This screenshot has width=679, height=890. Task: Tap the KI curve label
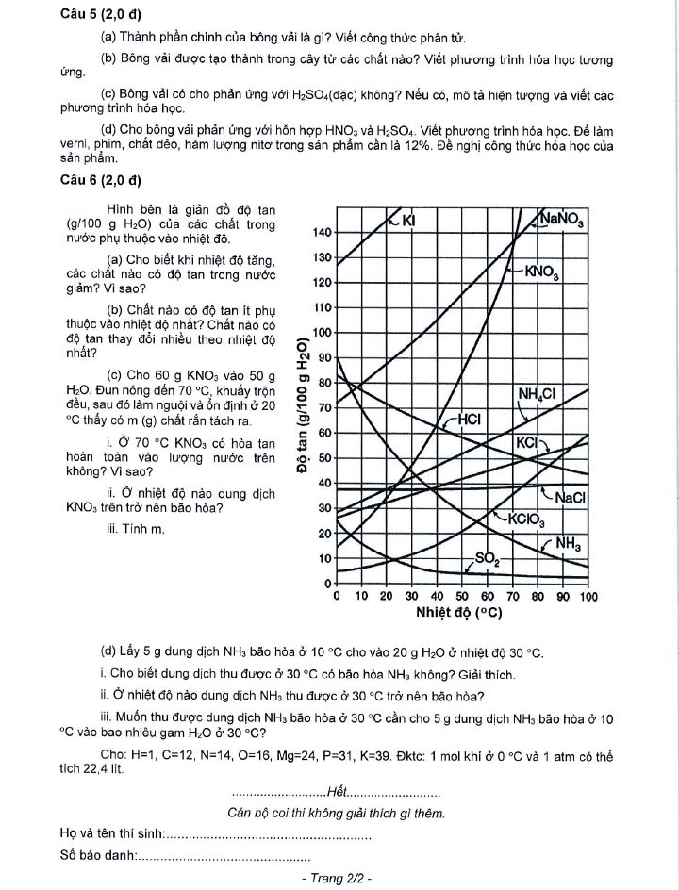[408, 221]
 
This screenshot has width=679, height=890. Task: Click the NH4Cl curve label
[537, 393]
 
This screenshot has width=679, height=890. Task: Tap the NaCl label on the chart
[571, 498]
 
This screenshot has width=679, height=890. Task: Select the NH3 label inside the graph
[568, 543]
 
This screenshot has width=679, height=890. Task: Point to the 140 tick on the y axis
[321, 233]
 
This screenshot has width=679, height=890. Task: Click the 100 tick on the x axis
[588, 597]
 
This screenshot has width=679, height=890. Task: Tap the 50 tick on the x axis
[462, 597]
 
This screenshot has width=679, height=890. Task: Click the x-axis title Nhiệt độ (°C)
[458, 614]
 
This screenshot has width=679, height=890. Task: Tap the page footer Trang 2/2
[337, 878]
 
